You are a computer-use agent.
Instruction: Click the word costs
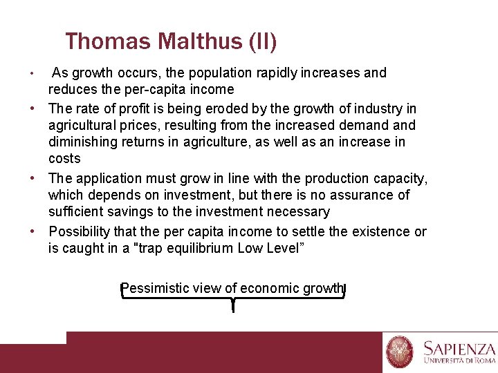coord(64,158)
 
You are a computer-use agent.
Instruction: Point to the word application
coord(108,178)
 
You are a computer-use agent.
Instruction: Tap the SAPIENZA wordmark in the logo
coord(459,349)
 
